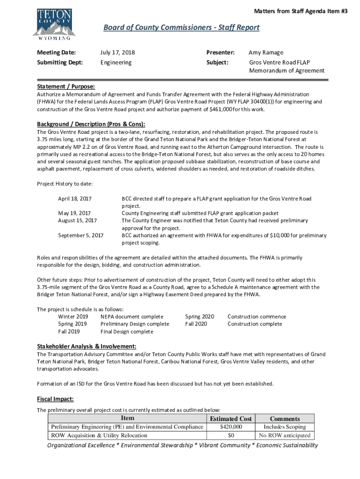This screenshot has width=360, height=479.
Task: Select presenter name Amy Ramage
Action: pos(266,52)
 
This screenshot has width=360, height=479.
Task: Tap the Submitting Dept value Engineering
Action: pos(116,62)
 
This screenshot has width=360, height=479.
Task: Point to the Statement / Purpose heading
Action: pos(66,87)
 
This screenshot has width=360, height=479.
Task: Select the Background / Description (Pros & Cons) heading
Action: pos(91,124)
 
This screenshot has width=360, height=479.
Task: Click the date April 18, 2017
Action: pos(75,199)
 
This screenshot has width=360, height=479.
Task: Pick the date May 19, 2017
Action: pos(74,213)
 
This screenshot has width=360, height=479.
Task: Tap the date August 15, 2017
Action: pos(77,220)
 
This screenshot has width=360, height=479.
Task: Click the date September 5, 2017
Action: pos(81,235)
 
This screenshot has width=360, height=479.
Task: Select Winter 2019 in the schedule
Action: pos(73,317)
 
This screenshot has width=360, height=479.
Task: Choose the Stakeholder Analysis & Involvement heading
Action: pos(86,346)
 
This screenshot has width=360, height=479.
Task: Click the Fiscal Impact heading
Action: pos(55,399)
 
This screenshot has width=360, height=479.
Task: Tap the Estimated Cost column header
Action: pos(231,419)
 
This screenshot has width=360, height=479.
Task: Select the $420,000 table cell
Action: pos(231,427)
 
